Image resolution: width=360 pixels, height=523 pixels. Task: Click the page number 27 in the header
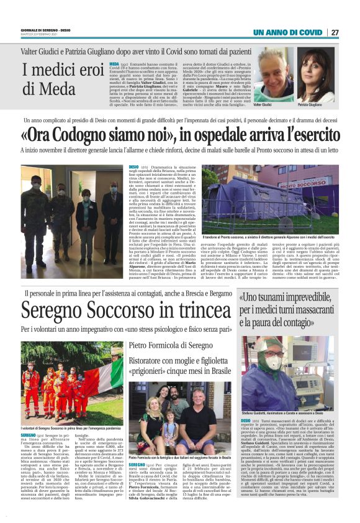tap(335, 32)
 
